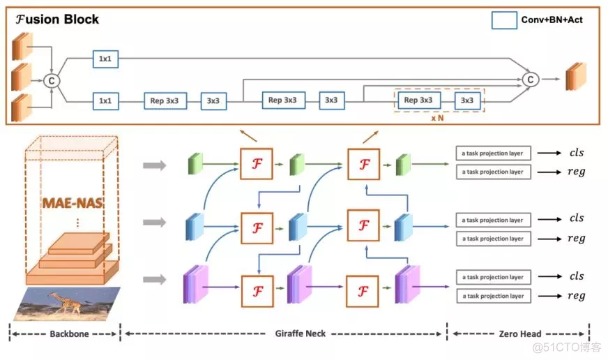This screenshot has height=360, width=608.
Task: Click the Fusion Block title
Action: (x=56, y=20)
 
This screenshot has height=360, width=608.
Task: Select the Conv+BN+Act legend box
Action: (x=503, y=20)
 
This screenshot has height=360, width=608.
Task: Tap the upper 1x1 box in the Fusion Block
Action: (x=105, y=59)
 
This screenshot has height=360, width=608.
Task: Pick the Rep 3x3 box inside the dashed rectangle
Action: (x=423, y=100)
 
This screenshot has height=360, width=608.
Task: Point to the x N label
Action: (x=437, y=119)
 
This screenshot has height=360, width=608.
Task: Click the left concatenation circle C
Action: (x=51, y=80)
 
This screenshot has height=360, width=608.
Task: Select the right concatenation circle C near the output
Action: (x=530, y=80)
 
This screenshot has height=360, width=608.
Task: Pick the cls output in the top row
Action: (x=576, y=153)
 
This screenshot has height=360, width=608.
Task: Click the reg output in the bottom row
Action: (x=576, y=296)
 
